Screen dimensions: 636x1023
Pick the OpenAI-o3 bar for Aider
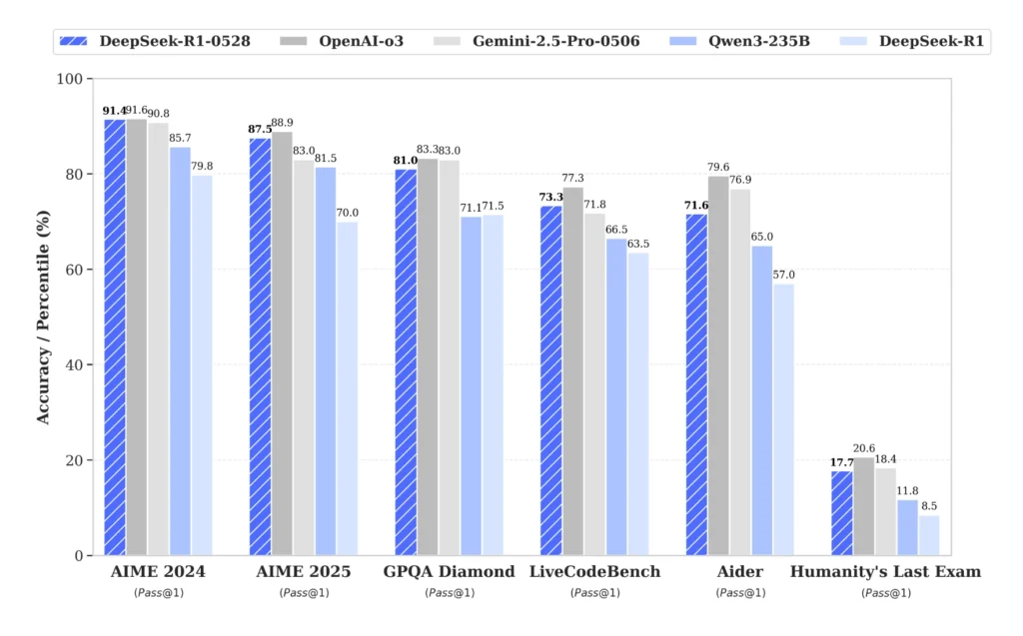click(x=717, y=365)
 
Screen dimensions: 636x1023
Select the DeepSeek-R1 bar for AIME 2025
click(x=348, y=388)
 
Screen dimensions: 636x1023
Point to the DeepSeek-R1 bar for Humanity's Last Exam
click(x=928, y=535)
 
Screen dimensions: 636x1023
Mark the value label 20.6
click(x=864, y=448)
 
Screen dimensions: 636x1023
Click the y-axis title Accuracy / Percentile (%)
click(x=43, y=318)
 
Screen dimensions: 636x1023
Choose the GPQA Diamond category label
click(x=449, y=572)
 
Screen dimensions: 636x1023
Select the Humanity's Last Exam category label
click(x=885, y=572)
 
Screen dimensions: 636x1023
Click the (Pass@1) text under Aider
click(x=739, y=593)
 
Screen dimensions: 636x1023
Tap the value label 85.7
click(x=181, y=137)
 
